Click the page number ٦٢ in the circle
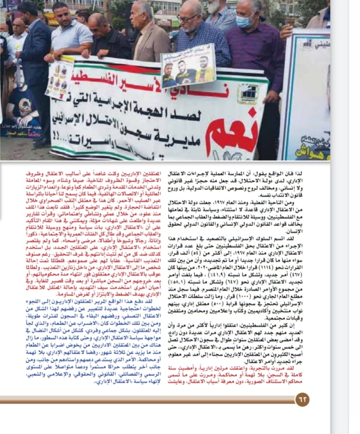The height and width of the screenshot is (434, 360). tap(302, 400)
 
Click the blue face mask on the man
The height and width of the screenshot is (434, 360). tap(245, 21)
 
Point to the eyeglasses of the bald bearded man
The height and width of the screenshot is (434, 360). tap(188, 18)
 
